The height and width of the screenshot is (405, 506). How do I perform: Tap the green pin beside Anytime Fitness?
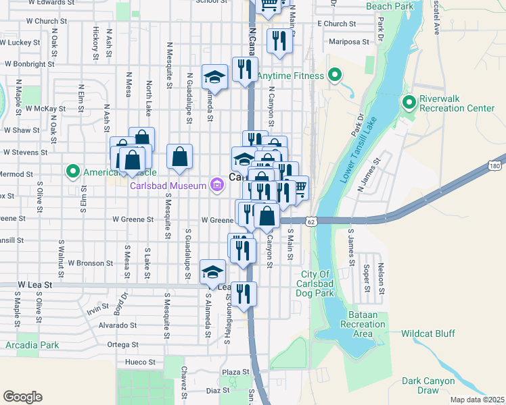[333, 76]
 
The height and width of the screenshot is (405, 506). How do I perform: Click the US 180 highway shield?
[496, 166]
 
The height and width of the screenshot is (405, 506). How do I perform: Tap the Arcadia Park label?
[32, 345]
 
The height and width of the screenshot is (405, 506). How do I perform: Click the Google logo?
[22, 396]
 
